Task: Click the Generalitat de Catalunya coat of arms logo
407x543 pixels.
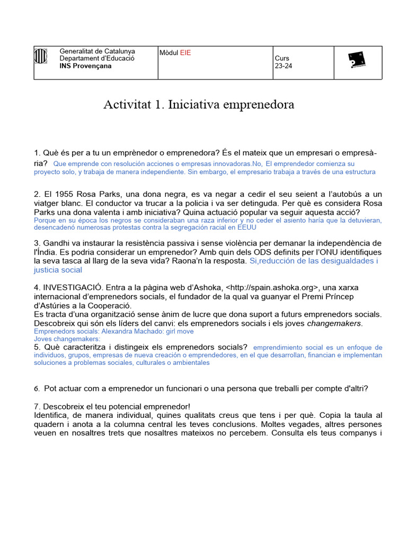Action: pyautogui.click(x=41, y=57)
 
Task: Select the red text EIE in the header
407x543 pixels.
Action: pyautogui.click(x=185, y=52)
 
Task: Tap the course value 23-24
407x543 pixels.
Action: pyautogui.click(x=283, y=66)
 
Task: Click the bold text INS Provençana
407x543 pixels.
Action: pyautogui.click(x=85, y=66)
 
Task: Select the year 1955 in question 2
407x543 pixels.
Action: pyautogui.click(x=66, y=195)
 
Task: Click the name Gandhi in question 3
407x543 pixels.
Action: pyautogui.click(x=57, y=243)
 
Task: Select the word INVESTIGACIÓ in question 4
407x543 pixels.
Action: pyautogui.click(x=74, y=287)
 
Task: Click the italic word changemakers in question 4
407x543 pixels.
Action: pyautogui.click(x=335, y=323)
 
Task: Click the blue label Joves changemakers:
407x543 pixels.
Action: pyautogui.click(x=67, y=339)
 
